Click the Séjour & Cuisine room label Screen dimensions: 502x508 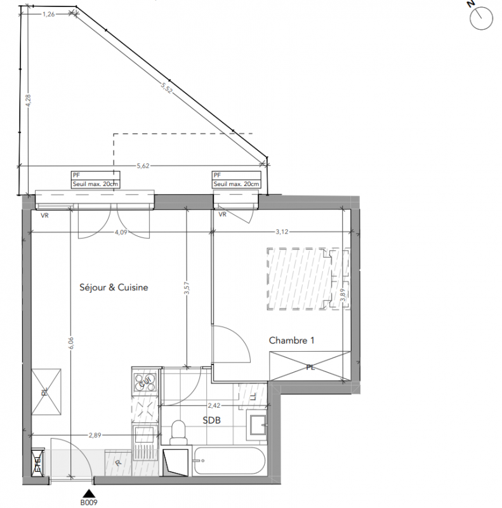tap(114, 288)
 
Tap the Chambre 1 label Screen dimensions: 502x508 tap(291, 340)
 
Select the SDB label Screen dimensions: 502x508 tap(211, 420)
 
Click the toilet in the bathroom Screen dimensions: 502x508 tap(179, 432)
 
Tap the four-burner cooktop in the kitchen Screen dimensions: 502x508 tap(145, 382)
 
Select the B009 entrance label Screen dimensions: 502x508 tap(89, 502)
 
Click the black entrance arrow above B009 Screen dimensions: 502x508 tap(89, 493)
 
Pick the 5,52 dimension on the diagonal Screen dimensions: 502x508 tap(166, 88)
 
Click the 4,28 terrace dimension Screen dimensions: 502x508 tap(28, 100)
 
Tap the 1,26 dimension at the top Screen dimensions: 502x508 tap(49, 14)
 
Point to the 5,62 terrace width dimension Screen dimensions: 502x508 tap(143, 166)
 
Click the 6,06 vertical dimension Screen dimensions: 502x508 tap(71, 343)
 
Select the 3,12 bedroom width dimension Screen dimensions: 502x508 tap(282, 232)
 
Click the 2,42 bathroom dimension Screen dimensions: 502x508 tap(214, 405)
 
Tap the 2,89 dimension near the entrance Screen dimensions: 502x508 tap(95, 435)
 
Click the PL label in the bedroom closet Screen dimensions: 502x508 tap(310, 368)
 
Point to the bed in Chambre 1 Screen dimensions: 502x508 tap(308, 279)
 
